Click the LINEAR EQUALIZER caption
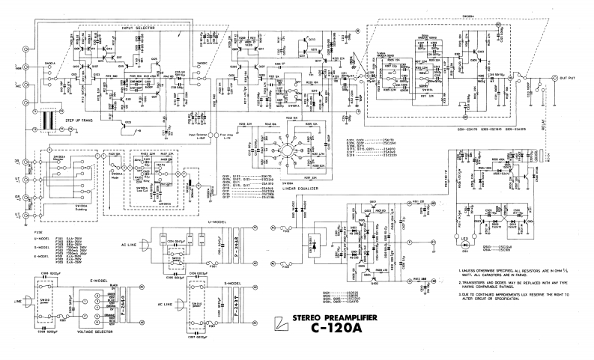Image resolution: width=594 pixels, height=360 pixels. coord(287,189)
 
